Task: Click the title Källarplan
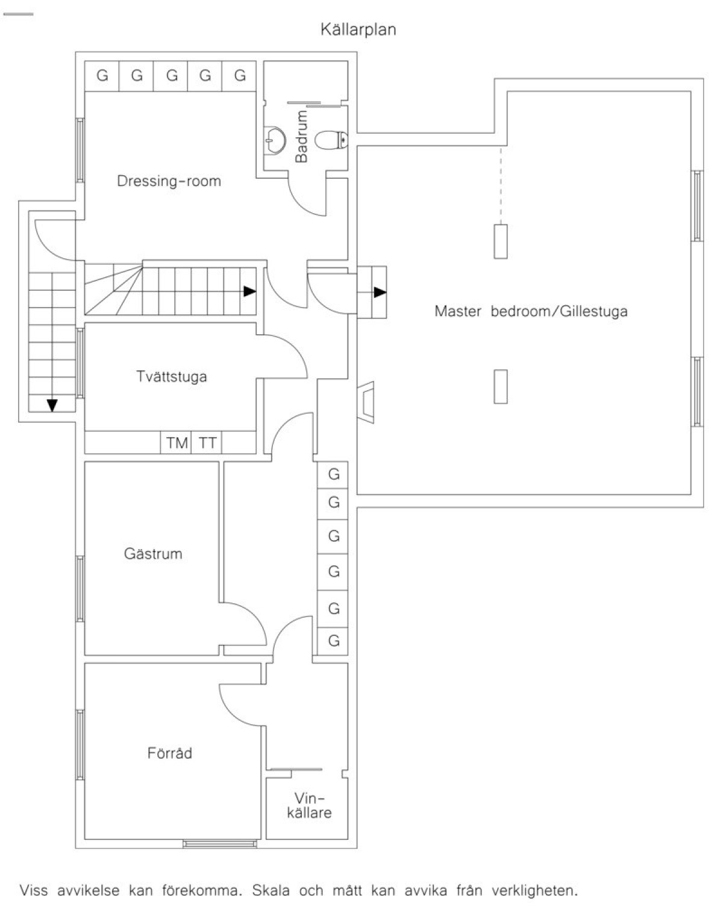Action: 358,30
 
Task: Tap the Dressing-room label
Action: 169,181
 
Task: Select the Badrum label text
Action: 301,136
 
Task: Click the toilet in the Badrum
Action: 331,140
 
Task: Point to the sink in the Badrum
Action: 274,139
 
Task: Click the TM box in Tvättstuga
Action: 176,443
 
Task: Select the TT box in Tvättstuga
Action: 207,443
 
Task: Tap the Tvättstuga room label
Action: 172,376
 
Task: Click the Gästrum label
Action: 153,553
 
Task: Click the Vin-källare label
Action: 310,806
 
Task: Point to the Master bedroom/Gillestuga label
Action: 531,311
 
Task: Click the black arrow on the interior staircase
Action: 249,291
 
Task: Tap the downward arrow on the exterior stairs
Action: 52,405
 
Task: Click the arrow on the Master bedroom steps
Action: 380,292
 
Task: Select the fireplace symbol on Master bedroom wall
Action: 366,402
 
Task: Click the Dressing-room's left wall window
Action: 80,151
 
